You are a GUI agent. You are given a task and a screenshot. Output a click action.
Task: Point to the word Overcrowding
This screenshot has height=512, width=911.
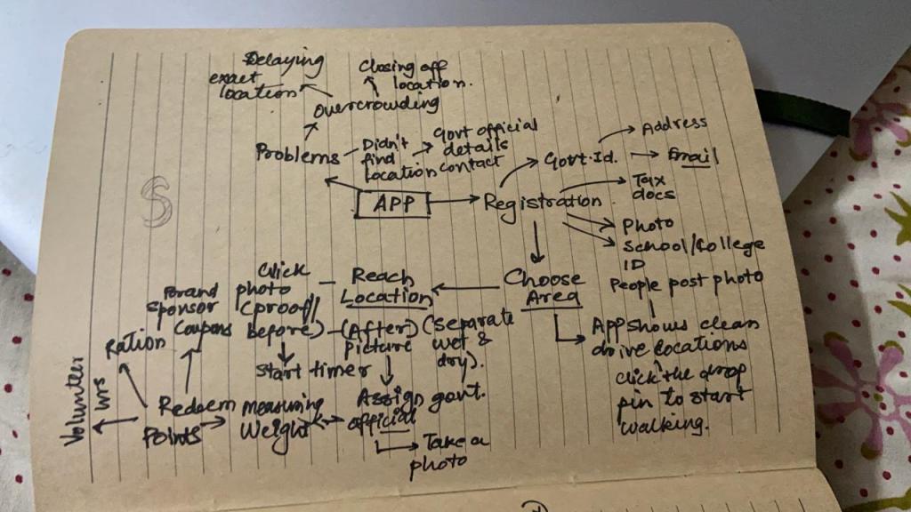376,106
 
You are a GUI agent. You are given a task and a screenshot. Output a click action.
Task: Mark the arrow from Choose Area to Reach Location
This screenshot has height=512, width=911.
465,288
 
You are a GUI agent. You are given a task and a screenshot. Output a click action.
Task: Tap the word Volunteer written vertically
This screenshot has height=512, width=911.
77,399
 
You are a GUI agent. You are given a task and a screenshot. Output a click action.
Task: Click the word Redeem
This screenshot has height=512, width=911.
197,406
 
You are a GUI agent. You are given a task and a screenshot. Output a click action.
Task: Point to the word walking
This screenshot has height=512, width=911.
663,425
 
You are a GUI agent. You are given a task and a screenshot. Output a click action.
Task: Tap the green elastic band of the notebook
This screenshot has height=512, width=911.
800,112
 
